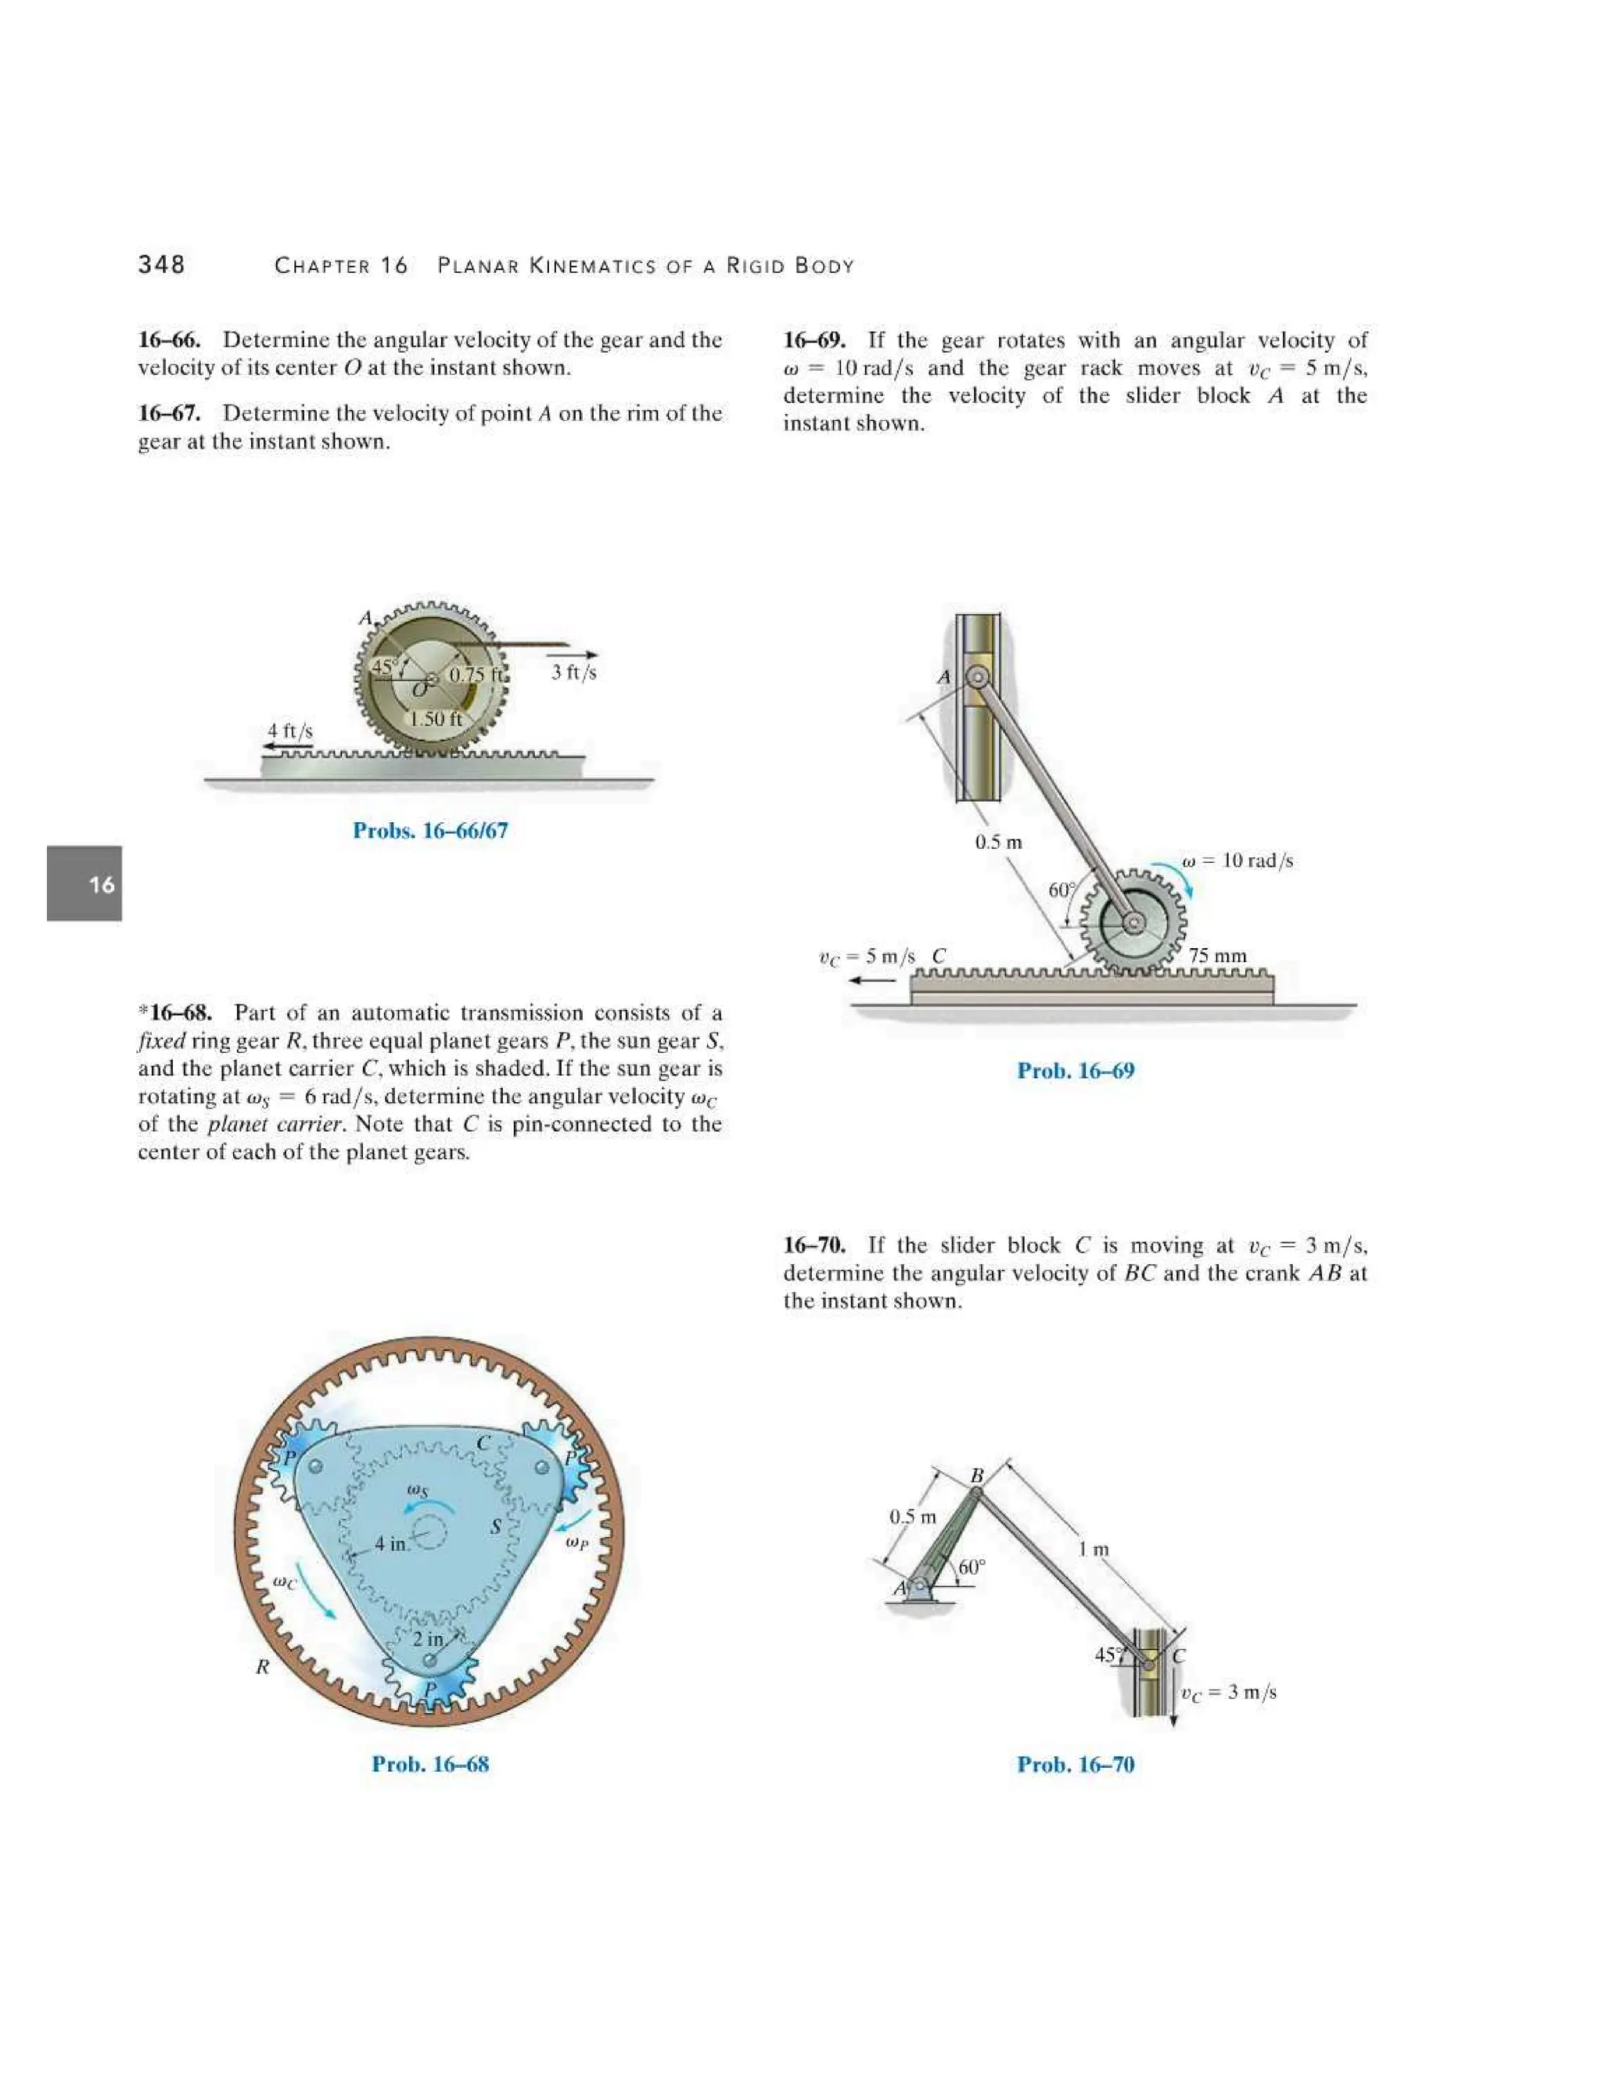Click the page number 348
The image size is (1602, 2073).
161,265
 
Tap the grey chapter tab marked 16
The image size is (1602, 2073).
84,884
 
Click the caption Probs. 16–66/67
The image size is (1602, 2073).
430,831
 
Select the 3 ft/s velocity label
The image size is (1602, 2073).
573,672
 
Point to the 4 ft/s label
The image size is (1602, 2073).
289,730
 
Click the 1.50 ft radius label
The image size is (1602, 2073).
436,719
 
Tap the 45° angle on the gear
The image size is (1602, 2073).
383,667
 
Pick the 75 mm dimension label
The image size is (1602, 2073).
1218,955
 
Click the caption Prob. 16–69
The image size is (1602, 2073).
1076,1071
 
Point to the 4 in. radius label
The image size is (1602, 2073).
391,1543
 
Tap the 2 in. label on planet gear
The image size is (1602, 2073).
428,1638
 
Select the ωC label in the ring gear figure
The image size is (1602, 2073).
284,1583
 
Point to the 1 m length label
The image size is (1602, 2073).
1094,1549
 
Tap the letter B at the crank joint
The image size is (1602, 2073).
976,1475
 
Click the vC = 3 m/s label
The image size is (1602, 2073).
1229,1691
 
